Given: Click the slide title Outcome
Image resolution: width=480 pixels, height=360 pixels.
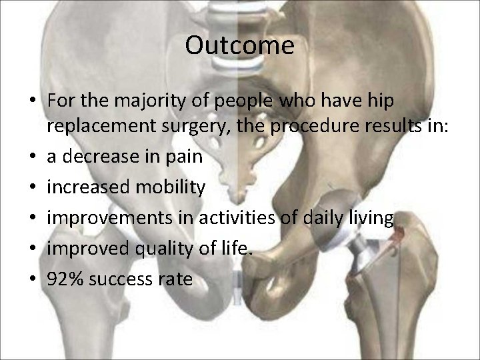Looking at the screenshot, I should point(240,46).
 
